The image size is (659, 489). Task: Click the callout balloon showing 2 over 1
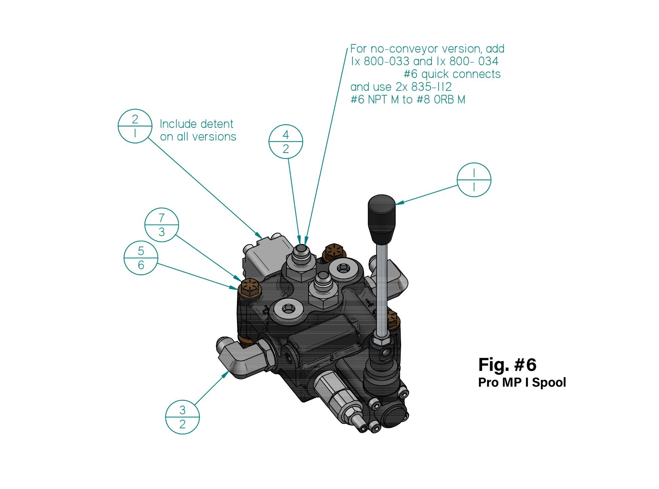[x=135, y=126]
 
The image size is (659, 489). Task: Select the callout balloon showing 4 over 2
[x=285, y=141]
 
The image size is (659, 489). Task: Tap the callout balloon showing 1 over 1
[x=474, y=180]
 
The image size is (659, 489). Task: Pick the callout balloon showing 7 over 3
[x=161, y=224]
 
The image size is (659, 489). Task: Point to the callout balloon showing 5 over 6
[x=141, y=258]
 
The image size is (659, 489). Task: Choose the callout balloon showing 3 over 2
[x=182, y=417]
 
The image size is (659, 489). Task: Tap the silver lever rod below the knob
[x=382, y=288]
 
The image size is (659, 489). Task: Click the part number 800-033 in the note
[x=386, y=61]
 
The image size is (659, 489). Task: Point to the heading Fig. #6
[x=507, y=365]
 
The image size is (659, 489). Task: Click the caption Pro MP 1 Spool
[x=522, y=383]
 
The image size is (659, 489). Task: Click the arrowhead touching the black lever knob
[x=399, y=203]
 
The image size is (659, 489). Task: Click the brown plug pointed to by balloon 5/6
[x=250, y=288]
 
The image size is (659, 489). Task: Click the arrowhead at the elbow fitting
[x=225, y=374]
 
